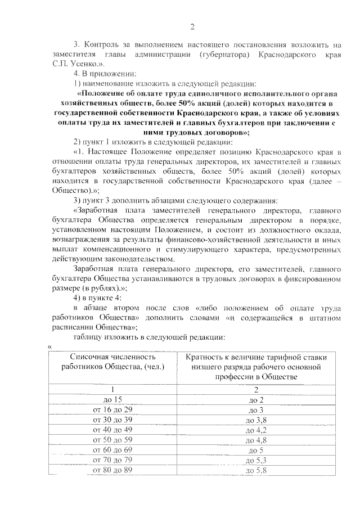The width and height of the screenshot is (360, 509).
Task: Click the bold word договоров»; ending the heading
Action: pyautogui.click(x=220, y=132)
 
